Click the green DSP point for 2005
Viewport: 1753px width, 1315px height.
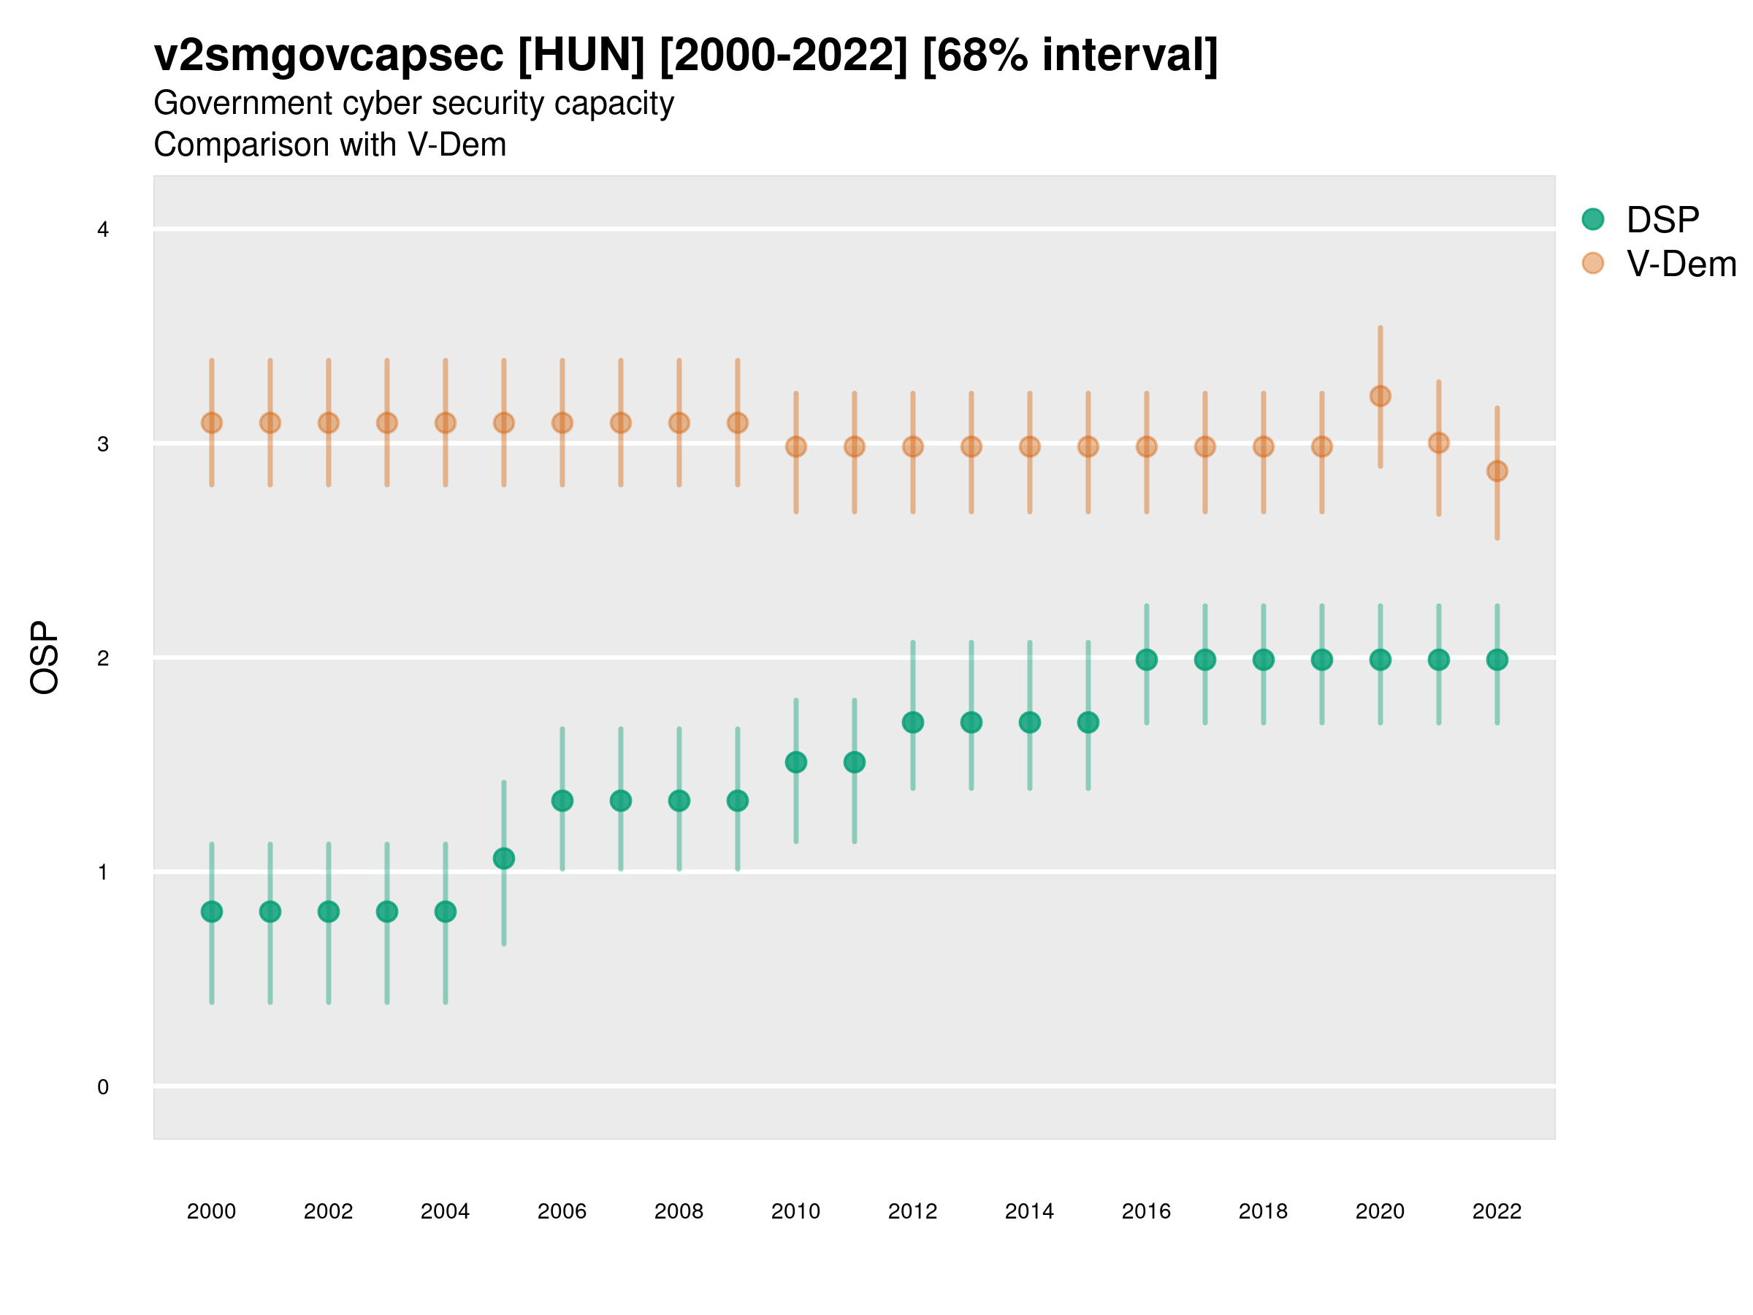(503, 858)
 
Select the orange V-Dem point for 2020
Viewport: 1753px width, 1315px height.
(1380, 395)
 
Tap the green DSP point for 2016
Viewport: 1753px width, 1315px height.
(1146, 660)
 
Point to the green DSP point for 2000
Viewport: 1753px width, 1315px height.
(212, 912)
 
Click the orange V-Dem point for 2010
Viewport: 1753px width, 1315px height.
(795, 447)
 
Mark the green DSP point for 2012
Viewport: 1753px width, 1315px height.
(912, 722)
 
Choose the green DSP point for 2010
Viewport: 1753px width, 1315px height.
(795, 763)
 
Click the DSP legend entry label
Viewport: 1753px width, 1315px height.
(1662, 220)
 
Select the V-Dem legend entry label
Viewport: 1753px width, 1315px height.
(1680, 264)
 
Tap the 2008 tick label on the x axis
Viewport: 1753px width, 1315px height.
(679, 1211)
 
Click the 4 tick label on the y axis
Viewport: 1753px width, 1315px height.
(103, 230)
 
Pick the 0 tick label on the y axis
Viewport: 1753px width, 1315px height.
(103, 1087)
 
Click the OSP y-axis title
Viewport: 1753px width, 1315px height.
(45, 657)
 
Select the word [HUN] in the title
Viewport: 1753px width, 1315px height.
(581, 56)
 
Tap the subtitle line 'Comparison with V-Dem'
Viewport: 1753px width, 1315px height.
(329, 145)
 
